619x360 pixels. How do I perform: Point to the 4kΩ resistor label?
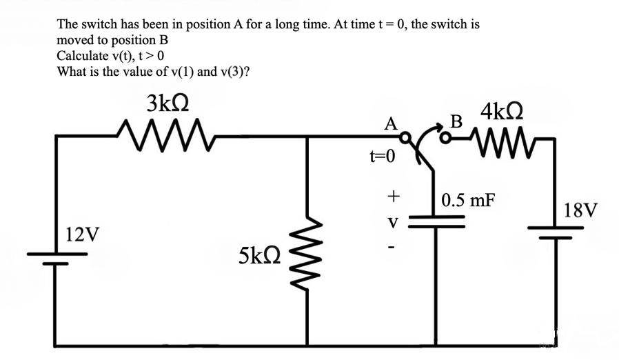[503, 111]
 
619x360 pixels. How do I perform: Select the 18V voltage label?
[580, 210]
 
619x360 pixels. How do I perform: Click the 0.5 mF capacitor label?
[468, 201]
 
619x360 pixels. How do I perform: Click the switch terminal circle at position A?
[407, 136]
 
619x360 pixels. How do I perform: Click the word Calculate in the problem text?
[82, 57]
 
